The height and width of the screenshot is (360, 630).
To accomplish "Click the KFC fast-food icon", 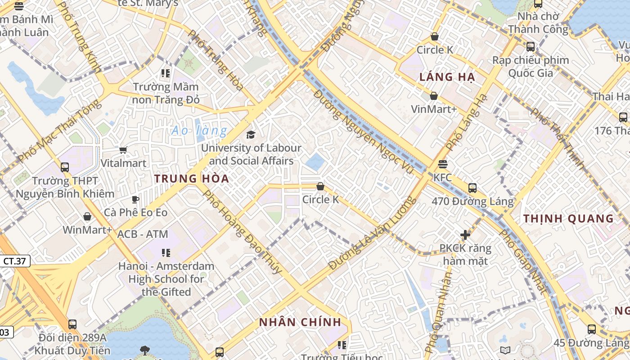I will click(442, 164).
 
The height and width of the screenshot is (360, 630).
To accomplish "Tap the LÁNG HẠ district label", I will click(447, 77).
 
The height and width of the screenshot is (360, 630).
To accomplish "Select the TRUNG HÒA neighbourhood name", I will click(192, 179).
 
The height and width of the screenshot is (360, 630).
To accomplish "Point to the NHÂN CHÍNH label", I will click(300, 322).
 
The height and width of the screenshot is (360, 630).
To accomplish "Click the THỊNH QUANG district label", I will click(568, 219).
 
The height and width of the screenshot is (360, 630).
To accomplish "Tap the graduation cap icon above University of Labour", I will click(251, 135).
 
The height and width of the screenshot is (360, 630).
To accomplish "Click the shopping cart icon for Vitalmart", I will click(123, 150).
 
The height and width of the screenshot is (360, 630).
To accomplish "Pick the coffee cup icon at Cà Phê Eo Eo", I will click(135, 199).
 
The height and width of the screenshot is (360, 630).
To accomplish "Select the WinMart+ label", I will click(87, 230).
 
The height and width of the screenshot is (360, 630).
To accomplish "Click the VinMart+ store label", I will click(434, 109).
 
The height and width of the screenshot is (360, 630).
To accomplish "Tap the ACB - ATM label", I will click(143, 234).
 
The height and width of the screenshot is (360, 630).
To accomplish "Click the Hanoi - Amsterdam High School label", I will click(166, 279).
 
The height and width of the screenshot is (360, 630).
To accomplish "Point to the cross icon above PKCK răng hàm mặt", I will click(465, 234).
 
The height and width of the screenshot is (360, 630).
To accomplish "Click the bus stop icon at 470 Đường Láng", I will click(472, 188).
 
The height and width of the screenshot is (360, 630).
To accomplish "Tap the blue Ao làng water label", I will click(199, 131).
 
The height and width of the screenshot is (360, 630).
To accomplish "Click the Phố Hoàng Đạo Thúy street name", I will click(243, 232).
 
